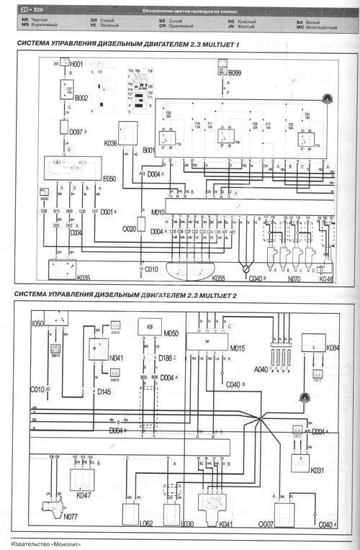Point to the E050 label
pyautogui.click(x=109, y=177)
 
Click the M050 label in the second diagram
pyautogui.click(x=171, y=333)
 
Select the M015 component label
pyautogui.click(x=238, y=349)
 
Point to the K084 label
pyautogui.click(x=332, y=348)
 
